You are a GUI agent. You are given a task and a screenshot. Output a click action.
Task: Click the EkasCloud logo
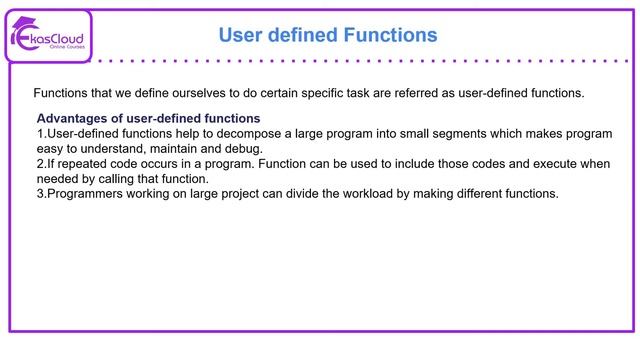click(x=49, y=36)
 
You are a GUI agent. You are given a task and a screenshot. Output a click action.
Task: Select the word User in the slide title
click(x=243, y=35)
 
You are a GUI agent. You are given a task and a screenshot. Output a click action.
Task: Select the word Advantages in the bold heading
click(x=76, y=120)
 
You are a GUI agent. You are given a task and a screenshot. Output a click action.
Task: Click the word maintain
click(x=172, y=148)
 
